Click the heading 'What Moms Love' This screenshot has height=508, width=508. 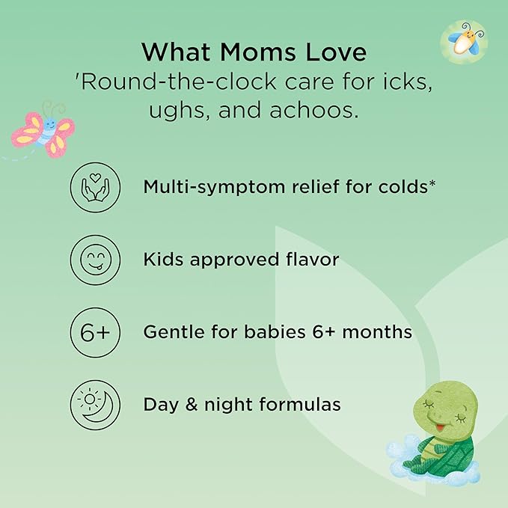pyautogui.click(x=254, y=52)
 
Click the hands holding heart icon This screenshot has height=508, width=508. pyautogui.click(x=95, y=187)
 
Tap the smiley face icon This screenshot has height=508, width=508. pyautogui.click(x=95, y=260)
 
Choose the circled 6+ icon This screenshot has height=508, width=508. pyautogui.click(x=95, y=332)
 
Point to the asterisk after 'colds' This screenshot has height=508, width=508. pyautogui.click(x=432, y=183)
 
